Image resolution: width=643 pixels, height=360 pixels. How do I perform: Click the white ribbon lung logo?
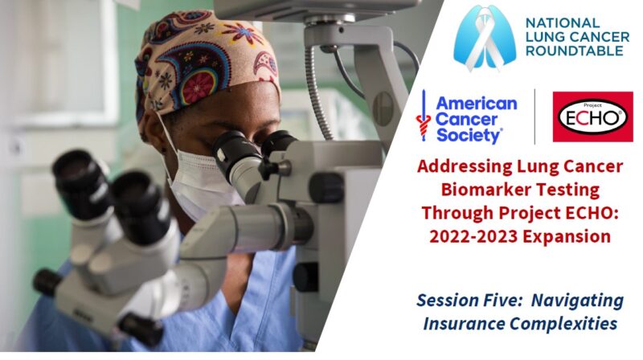pyautogui.click(x=485, y=38)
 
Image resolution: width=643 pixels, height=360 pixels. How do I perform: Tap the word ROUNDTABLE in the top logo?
pyautogui.click(x=575, y=51)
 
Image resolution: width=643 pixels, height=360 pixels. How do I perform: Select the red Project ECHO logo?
pyautogui.click(x=593, y=117)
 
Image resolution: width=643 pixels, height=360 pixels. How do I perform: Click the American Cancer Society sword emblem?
pyautogui.click(x=424, y=116)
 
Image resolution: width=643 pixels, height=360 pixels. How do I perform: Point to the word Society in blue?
pyautogui.click(x=469, y=135)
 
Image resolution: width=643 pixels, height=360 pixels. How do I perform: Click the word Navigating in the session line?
pyautogui.click(x=577, y=301)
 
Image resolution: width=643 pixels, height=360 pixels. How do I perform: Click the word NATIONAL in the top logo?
pyautogui.click(x=557, y=23)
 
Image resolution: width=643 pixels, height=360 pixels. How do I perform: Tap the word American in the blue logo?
pyautogui.click(x=476, y=104)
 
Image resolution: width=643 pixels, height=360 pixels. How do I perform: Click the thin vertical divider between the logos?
pyautogui.click(x=534, y=117)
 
